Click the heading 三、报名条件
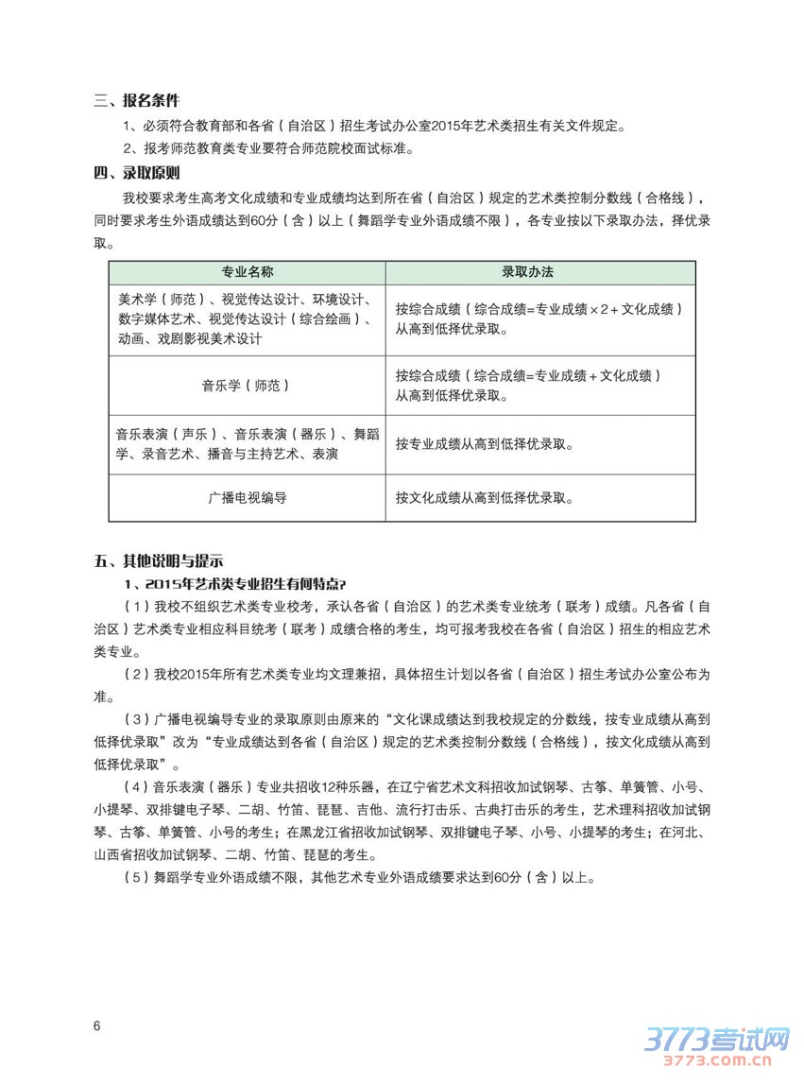[x=137, y=101]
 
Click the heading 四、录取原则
[x=137, y=173]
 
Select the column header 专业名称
[x=247, y=271]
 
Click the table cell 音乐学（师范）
[x=246, y=386]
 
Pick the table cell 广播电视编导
[x=247, y=497]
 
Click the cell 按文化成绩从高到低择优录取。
[x=484, y=497]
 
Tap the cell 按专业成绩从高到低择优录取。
[x=484, y=443]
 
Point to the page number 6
[x=97, y=1026]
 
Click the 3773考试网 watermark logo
[x=715, y=1041]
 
